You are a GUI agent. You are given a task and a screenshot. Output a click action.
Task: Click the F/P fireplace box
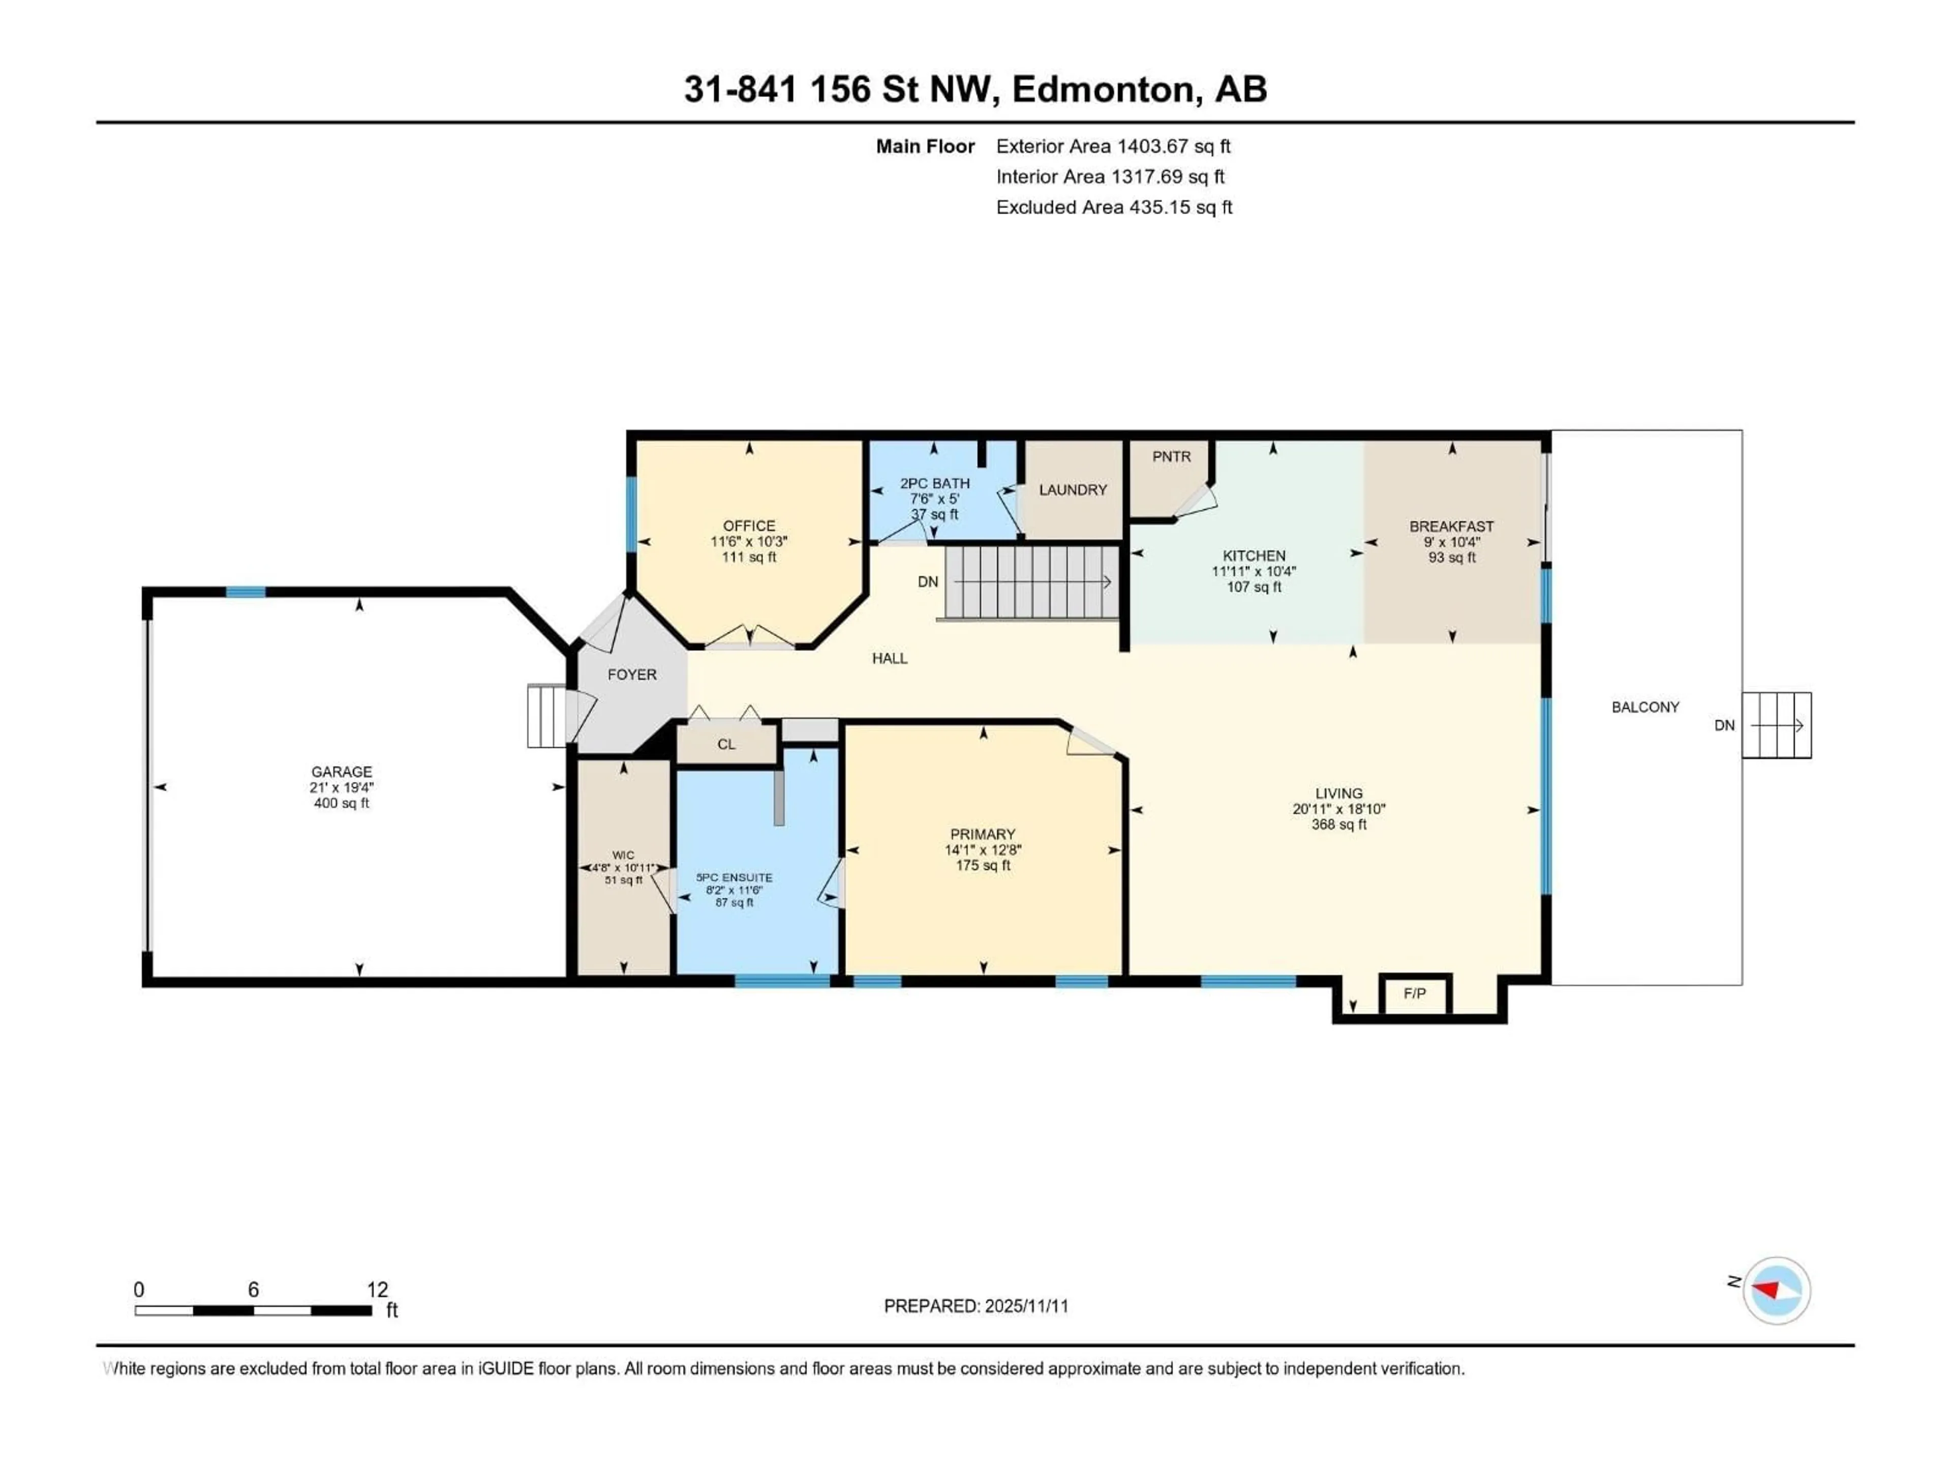pyautogui.click(x=1415, y=994)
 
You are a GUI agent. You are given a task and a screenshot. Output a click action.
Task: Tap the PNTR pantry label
pyautogui.click(x=1171, y=456)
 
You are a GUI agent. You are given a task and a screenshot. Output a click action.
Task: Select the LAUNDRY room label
pyautogui.click(x=1072, y=490)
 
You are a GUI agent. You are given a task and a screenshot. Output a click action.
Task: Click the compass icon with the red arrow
pyautogui.click(x=1777, y=1290)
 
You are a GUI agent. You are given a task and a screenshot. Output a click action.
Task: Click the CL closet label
pyautogui.click(x=726, y=744)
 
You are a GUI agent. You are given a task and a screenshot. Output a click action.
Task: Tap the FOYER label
pyautogui.click(x=632, y=674)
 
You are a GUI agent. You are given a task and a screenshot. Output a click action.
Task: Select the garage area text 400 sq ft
pyautogui.click(x=342, y=803)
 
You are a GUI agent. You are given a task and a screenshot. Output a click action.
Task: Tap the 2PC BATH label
pyautogui.click(x=934, y=483)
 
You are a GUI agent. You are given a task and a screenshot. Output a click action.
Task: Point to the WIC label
pyautogui.click(x=623, y=854)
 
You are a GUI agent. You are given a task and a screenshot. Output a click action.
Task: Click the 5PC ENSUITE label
pyautogui.click(x=734, y=877)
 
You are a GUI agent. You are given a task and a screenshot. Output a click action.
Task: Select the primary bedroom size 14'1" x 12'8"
pyautogui.click(x=982, y=850)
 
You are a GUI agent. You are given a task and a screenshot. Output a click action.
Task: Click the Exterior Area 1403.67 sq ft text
pyautogui.click(x=1113, y=146)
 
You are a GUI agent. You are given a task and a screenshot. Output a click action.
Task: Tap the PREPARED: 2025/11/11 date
pyautogui.click(x=976, y=1306)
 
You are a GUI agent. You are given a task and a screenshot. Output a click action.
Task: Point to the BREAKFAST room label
pyautogui.click(x=1452, y=526)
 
